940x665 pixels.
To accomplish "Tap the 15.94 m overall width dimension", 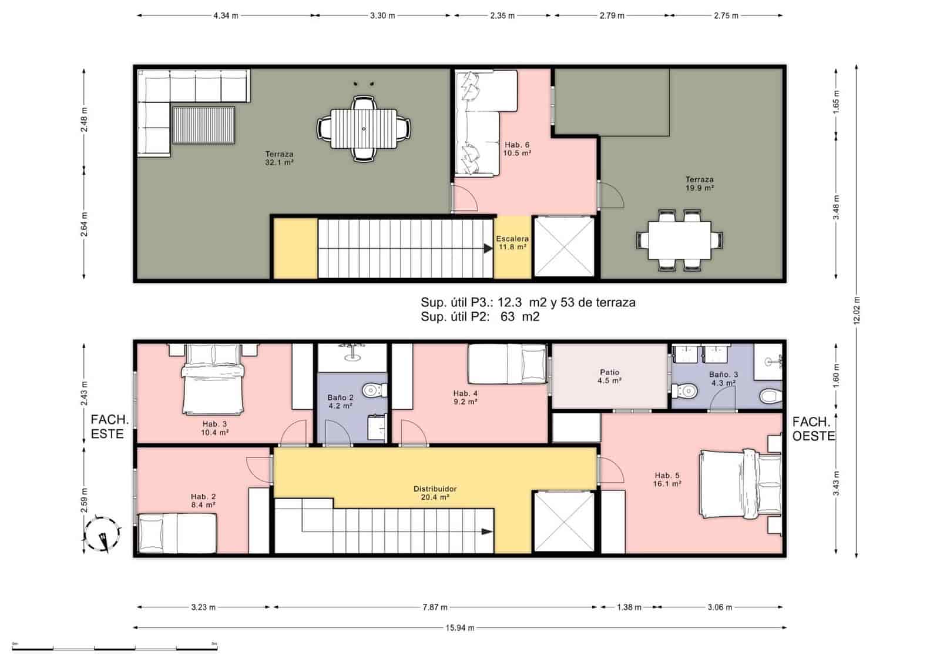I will (x=459, y=627).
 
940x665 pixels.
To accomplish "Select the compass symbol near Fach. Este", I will (x=103, y=534).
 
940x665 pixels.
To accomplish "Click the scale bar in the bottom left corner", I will (x=115, y=647).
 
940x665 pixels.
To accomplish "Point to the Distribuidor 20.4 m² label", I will (x=435, y=493).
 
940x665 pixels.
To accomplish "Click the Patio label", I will (x=609, y=376).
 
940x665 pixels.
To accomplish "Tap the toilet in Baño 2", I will (x=374, y=390).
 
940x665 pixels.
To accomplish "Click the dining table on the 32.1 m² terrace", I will (x=364, y=129).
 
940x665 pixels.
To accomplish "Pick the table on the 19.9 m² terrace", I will (x=679, y=240).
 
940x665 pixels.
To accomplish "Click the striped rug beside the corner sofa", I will (x=204, y=125).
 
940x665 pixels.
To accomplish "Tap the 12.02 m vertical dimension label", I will (x=857, y=310).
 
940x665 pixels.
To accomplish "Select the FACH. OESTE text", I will (x=813, y=429).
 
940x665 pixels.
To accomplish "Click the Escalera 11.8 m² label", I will (x=512, y=243).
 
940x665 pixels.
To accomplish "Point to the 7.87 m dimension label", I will (x=435, y=607).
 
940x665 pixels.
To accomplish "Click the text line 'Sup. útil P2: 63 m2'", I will (x=480, y=317).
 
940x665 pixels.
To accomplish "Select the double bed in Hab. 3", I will (x=213, y=380).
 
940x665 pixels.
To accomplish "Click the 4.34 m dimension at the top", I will (x=226, y=16).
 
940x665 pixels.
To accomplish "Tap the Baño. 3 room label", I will (x=723, y=378).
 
